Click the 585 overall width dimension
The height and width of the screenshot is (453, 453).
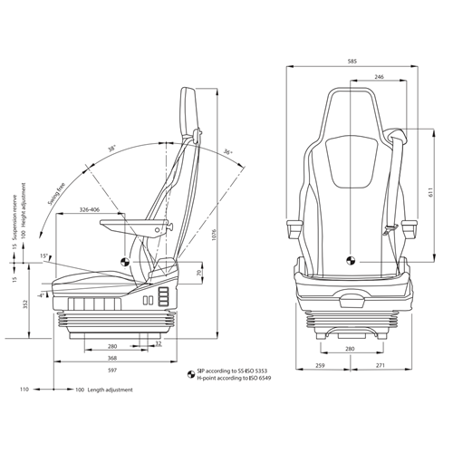pyautogui.click(x=352, y=61)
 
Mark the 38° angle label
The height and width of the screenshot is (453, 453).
pyautogui.click(x=112, y=149)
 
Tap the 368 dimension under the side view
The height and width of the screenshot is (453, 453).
pyautogui.click(x=111, y=358)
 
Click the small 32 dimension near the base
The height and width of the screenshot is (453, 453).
pyautogui.click(x=158, y=344)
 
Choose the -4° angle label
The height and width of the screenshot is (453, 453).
pyautogui.click(x=41, y=294)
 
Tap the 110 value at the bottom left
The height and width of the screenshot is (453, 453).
pyautogui.click(x=25, y=390)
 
